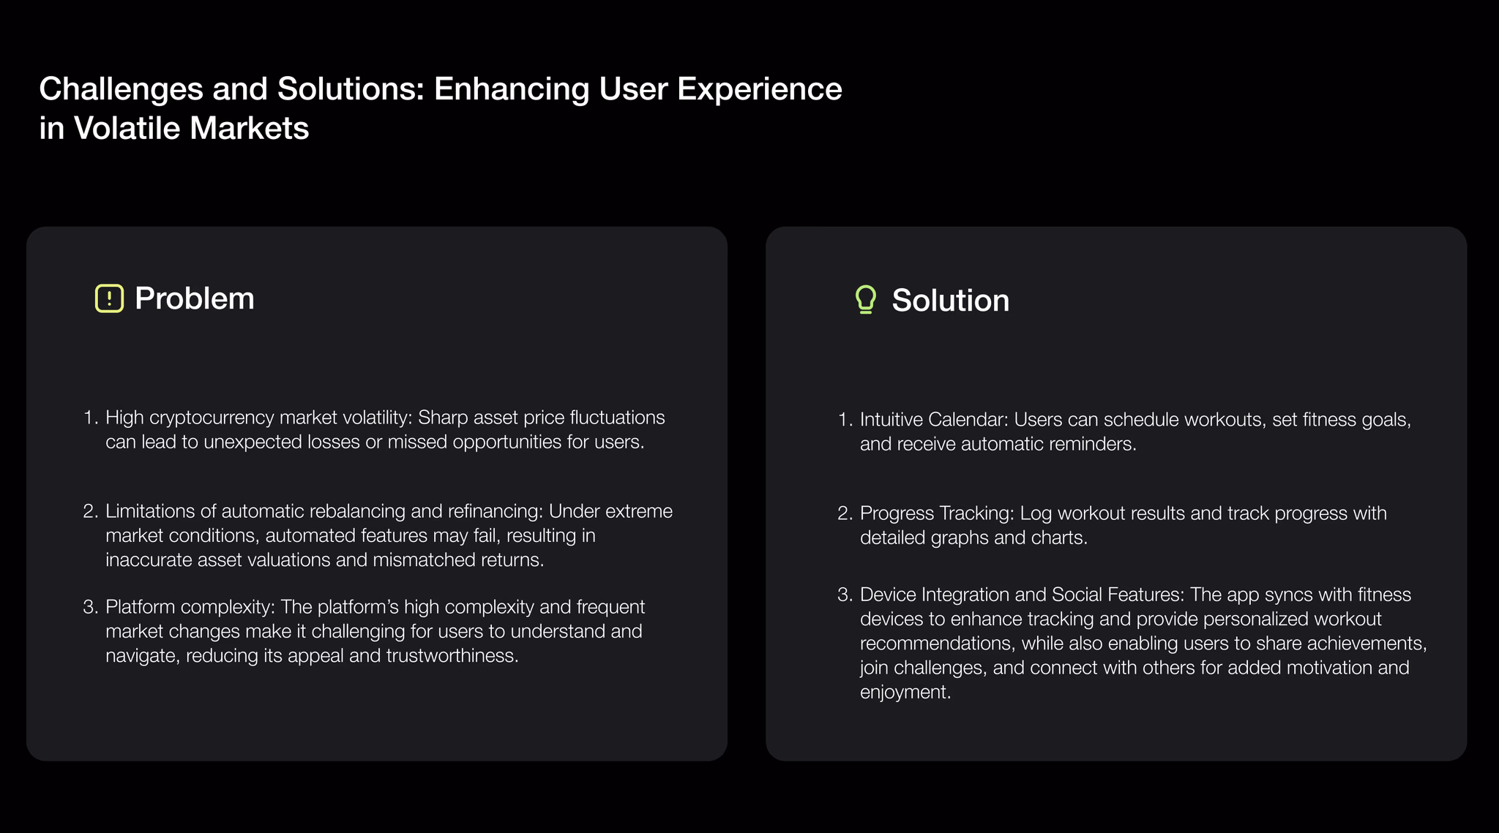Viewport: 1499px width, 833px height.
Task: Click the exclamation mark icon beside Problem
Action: coord(109,298)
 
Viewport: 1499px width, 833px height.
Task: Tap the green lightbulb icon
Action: coord(866,300)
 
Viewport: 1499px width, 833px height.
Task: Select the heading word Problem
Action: coord(195,298)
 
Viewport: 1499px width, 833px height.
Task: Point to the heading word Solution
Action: coord(951,301)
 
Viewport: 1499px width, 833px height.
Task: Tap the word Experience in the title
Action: coord(760,89)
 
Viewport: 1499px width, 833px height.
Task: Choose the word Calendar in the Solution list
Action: coord(968,420)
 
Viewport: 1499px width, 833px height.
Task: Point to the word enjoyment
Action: coord(905,693)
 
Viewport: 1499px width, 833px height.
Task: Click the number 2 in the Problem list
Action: coord(89,511)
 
